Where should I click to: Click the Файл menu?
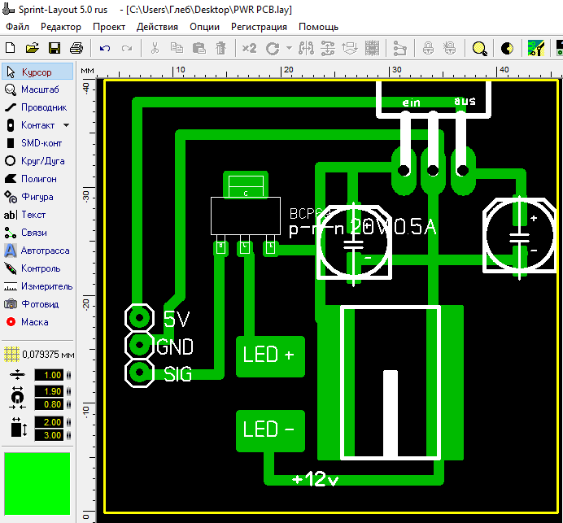[17, 27]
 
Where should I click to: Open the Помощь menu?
[318, 27]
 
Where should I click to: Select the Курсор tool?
[37, 72]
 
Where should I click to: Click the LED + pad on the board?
[270, 356]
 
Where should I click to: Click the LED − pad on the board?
[270, 430]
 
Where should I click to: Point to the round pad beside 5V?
[139, 317]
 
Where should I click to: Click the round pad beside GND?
[139, 346]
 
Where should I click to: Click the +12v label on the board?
[316, 479]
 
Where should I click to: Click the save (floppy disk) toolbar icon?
[55, 48]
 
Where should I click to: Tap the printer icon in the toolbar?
[76, 48]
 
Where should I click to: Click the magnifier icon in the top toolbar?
[480, 48]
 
